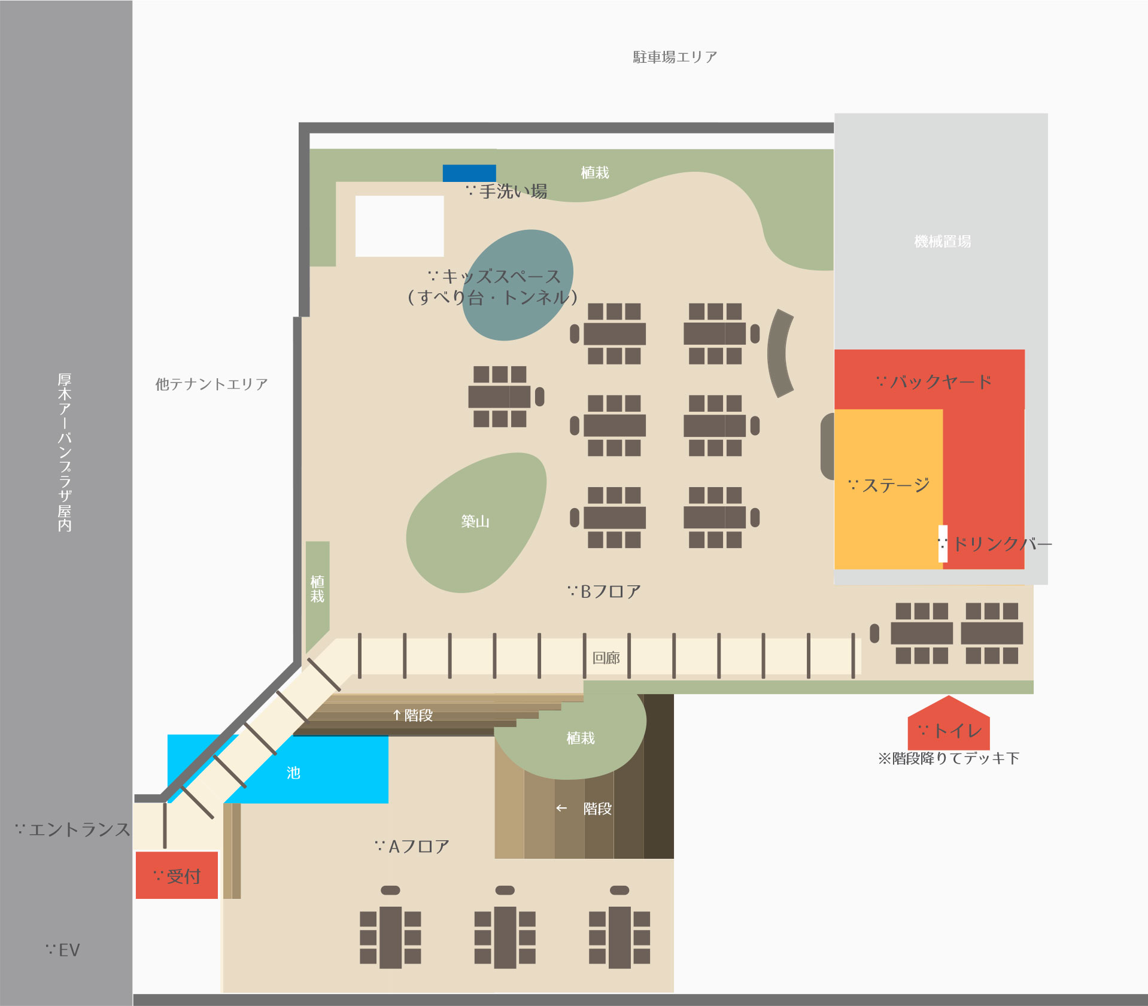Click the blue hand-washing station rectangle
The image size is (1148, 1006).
pos(469,173)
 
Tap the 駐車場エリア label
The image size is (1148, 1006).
pos(675,57)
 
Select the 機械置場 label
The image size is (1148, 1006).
pos(942,242)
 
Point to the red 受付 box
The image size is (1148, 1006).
pos(177,876)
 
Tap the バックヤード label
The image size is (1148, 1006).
pos(934,382)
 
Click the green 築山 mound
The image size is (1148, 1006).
pos(475,522)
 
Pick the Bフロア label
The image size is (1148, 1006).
pos(605,592)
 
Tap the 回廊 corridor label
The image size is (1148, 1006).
pos(606,658)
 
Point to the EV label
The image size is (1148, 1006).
pos(63,950)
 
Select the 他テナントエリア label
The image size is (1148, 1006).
pos(211,384)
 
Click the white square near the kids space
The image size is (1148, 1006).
pos(399,226)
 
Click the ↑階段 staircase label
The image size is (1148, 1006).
pos(413,715)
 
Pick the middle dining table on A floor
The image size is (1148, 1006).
pos(505,937)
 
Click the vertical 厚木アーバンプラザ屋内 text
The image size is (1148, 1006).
pos(65,452)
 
